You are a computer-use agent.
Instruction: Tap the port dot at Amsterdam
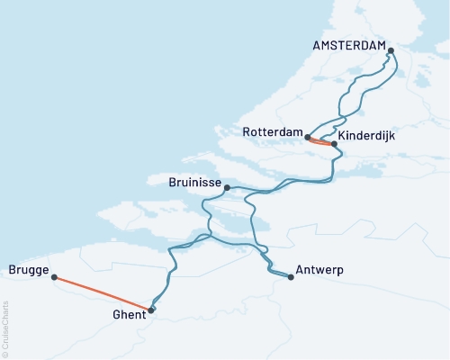391,50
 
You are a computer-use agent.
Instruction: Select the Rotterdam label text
272,132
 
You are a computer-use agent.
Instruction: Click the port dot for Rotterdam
308,138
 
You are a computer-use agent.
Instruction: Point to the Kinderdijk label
369,132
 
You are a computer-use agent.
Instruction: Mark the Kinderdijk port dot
334,144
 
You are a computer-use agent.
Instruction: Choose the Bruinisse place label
194,183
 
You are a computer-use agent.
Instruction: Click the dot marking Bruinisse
227,187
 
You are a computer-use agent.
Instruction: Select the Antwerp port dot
291,277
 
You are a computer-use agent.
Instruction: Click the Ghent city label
128,315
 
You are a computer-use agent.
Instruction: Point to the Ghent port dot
150,310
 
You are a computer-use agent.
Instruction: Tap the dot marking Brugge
55,277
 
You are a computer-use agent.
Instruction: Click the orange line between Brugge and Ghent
103,293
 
